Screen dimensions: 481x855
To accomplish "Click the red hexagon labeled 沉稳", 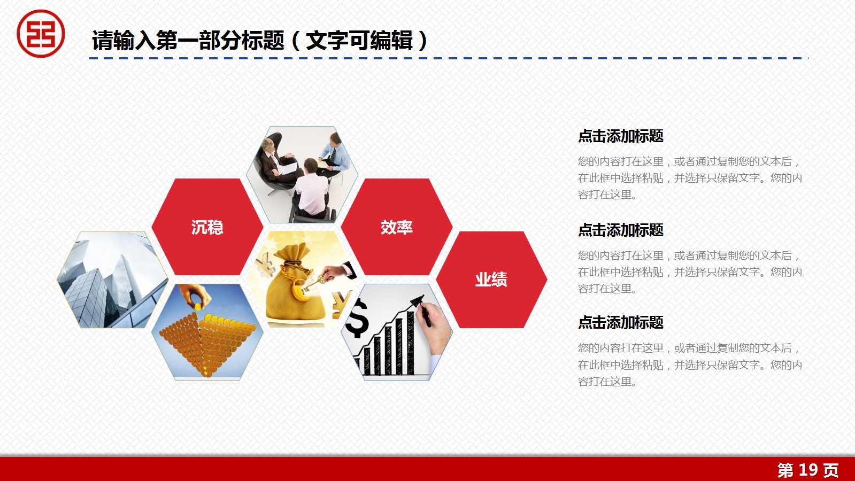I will (x=207, y=227).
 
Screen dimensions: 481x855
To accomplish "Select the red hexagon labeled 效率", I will (x=396, y=227).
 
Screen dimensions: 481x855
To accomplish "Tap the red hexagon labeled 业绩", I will (x=491, y=279).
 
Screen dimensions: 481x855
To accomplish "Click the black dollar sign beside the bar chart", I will (x=357, y=319).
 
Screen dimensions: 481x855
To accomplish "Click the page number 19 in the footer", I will (x=808, y=470).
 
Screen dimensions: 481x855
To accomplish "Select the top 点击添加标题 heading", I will (x=620, y=136).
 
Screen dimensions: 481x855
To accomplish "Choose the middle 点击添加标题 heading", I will (x=620, y=230).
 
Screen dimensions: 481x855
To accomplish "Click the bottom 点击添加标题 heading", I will (x=620, y=323).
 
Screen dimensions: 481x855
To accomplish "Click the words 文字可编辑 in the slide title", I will (x=359, y=41).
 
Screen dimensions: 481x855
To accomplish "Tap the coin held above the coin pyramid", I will (x=198, y=307).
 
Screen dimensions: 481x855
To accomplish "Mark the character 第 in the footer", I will (x=785, y=470).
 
